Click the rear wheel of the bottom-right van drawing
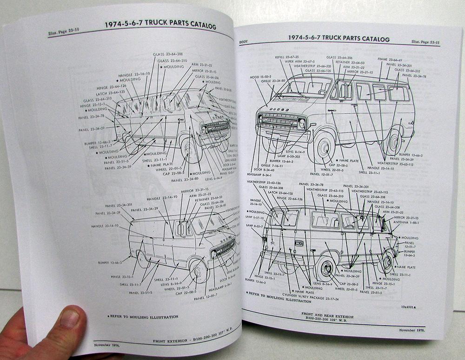coord(325,268)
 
